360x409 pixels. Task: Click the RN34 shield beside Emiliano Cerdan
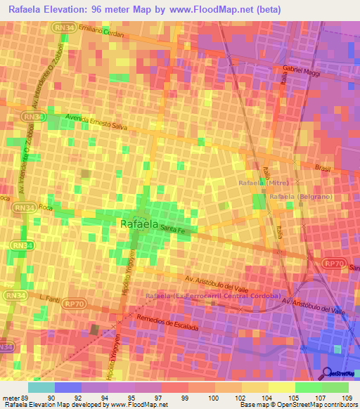tap(60, 26)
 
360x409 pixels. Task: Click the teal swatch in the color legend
tap(41, 387)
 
